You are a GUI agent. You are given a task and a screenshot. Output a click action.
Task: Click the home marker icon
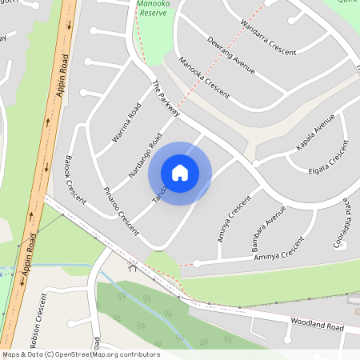(x=180, y=172)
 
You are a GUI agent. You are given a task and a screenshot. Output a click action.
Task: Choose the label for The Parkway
(x=166, y=100)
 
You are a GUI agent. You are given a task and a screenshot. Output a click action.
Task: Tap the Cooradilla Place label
(x=342, y=224)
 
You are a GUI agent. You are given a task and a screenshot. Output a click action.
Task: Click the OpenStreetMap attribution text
(x=80, y=354)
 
